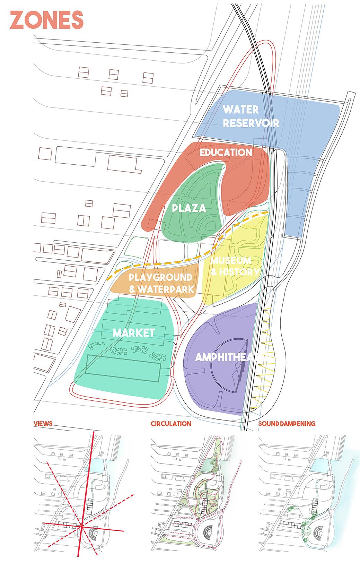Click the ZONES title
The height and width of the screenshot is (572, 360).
coord(47,20)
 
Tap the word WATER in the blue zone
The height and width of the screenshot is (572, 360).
coord(241,110)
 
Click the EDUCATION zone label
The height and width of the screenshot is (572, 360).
coord(226,153)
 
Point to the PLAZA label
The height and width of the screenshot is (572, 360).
coord(189,208)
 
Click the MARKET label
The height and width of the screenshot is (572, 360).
coord(133,333)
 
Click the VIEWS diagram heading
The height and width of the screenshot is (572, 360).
coord(43,424)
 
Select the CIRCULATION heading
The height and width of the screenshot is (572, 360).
coord(170,424)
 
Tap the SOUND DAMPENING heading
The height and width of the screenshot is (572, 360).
coord(287,424)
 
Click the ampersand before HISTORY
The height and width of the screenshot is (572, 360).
coord(214,272)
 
